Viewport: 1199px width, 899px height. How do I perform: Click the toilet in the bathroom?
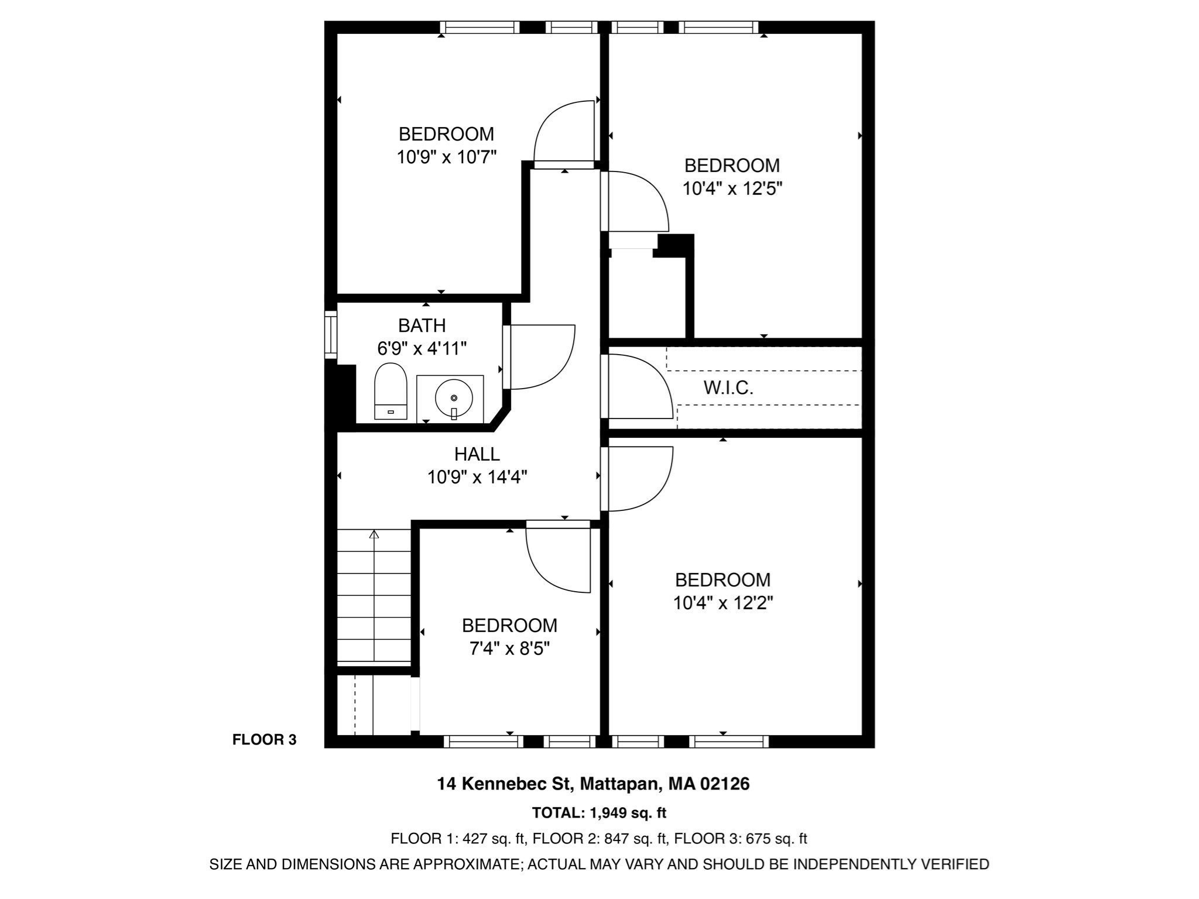pyautogui.click(x=390, y=390)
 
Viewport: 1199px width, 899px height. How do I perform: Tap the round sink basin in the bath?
pyautogui.click(x=454, y=397)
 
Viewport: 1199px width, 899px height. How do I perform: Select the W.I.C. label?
pyautogui.click(x=728, y=388)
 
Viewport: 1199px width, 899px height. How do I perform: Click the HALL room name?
pyautogui.click(x=477, y=454)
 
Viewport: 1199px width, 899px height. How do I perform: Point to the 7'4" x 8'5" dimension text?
pyautogui.click(x=509, y=648)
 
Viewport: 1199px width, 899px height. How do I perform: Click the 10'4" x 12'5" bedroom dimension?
pyautogui.click(x=732, y=188)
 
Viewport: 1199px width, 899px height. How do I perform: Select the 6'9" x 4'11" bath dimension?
pyautogui.click(x=422, y=349)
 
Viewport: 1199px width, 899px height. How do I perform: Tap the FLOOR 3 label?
pyautogui.click(x=264, y=740)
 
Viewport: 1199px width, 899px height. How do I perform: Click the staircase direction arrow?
pyautogui.click(x=374, y=534)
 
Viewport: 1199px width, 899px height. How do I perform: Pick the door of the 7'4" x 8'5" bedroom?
pyautogui.click(x=556, y=556)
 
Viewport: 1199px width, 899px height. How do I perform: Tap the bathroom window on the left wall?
pyautogui.click(x=331, y=335)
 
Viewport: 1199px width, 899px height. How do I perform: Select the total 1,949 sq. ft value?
pyautogui.click(x=628, y=813)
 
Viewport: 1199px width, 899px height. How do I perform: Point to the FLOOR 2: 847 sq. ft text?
pyautogui.click(x=599, y=839)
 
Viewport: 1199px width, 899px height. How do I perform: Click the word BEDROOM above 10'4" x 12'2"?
pyautogui.click(x=722, y=580)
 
